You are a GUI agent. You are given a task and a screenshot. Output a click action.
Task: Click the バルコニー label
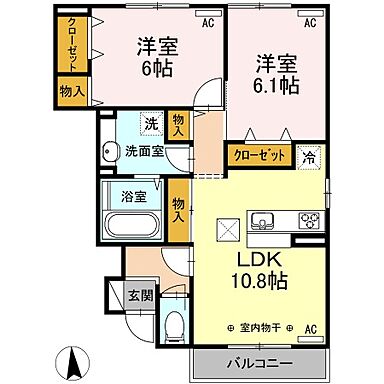[266, 361]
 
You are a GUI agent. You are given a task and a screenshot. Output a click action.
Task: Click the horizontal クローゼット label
[257, 155]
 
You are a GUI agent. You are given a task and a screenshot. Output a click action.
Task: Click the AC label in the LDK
[311, 328]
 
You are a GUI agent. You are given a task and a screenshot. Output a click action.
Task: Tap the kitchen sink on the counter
[262, 220]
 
